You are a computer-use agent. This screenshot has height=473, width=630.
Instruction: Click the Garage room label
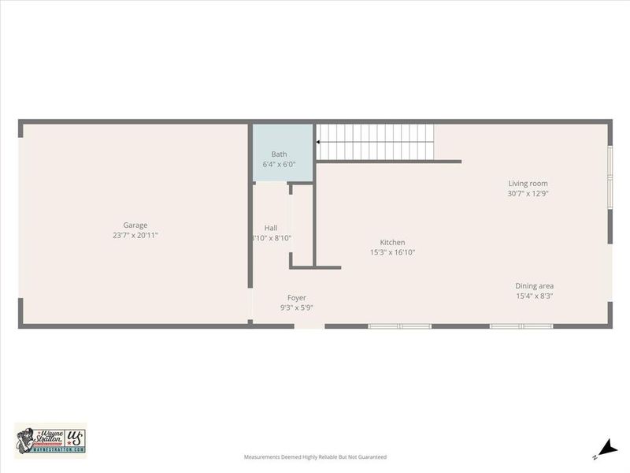click(x=135, y=225)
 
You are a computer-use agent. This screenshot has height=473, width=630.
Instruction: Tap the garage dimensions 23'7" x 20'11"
click(x=135, y=236)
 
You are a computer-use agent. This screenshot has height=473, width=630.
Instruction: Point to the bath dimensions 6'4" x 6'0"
click(x=280, y=165)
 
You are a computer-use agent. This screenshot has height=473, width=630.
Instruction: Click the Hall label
click(x=270, y=228)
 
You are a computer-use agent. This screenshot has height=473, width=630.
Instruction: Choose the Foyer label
click(x=296, y=298)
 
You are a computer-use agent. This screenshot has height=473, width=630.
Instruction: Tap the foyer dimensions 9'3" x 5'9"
click(x=297, y=308)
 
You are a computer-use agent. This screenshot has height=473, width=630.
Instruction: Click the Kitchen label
click(x=392, y=243)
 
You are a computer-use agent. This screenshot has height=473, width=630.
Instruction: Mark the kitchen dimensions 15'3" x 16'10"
click(x=392, y=253)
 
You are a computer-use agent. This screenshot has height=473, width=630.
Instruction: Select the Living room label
click(x=528, y=184)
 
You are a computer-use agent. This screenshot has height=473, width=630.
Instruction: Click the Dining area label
click(x=535, y=286)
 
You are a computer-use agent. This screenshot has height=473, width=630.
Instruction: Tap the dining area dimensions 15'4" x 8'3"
click(x=535, y=296)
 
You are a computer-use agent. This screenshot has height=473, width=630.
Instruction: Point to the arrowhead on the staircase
click(x=319, y=143)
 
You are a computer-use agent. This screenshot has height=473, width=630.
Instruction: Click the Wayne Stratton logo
click(x=50, y=438)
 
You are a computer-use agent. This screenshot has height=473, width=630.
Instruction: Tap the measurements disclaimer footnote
click(x=315, y=457)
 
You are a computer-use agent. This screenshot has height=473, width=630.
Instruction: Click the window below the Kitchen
click(x=400, y=326)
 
